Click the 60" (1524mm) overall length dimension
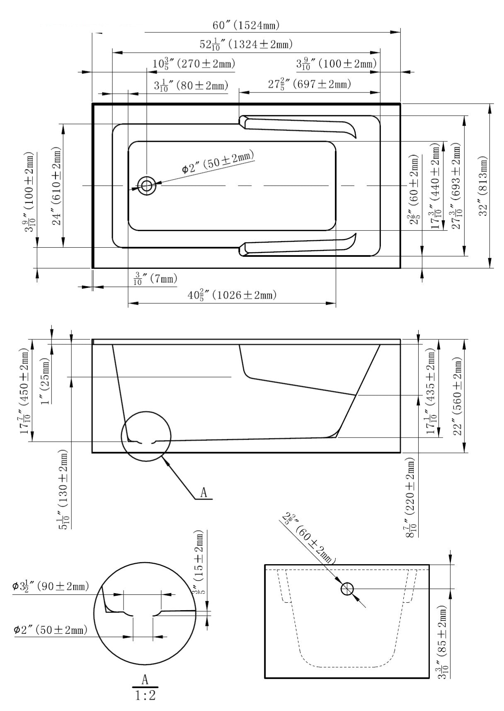click(x=246, y=25)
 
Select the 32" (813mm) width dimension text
click(x=482, y=186)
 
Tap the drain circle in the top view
click(x=146, y=185)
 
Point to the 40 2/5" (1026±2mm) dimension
click(x=232, y=295)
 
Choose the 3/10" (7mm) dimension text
click(x=155, y=278)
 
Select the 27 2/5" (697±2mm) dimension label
click(x=309, y=84)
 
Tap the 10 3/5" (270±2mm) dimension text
click(x=194, y=63)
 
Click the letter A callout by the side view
click(x=204, y=492)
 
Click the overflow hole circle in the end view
click(x=346, y=589)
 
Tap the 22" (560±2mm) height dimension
click(x=457, y=396)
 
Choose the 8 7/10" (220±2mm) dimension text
click(x=410, y=497)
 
